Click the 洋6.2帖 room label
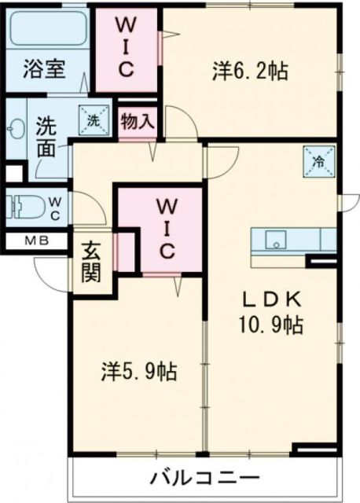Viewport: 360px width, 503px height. point(248,71)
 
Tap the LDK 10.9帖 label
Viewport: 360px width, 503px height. point(272,311)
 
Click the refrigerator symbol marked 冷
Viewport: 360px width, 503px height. point(318,162)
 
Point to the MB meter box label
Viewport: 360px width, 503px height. point(30,242)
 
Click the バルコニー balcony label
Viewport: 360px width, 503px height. point(204,478)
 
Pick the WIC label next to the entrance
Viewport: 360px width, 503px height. point(166,229)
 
